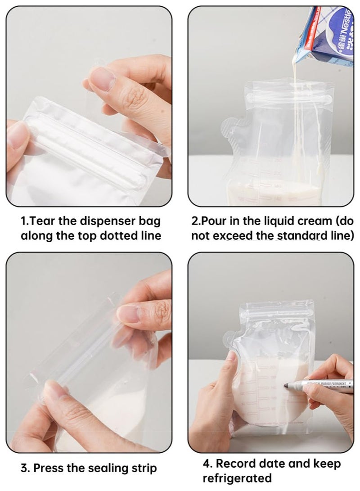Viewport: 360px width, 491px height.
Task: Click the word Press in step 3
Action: pos(49,468)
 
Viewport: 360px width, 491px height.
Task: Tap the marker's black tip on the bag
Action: pos(286,385)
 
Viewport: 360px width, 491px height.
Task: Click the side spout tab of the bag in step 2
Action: pos(231,128)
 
